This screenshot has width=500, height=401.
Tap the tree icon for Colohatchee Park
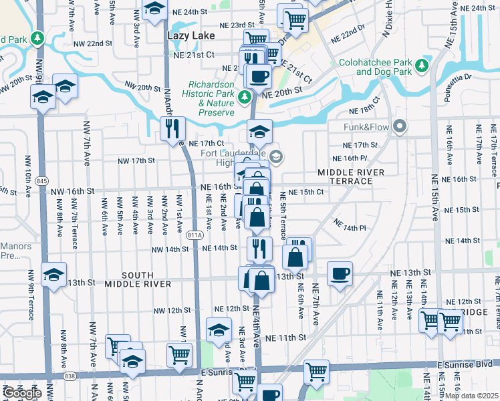tap(422, 65)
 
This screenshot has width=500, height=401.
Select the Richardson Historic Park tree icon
tap(245, 98)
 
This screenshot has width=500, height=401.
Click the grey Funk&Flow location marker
tap(400, 126)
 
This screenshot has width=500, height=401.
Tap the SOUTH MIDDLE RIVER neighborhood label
tap(147, 280)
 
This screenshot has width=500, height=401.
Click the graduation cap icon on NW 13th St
tap(54, 273)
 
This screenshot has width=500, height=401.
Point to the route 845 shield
tap(42, 180)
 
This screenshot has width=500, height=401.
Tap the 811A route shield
tap(195, 235)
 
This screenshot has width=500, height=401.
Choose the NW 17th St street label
tap(136, 161)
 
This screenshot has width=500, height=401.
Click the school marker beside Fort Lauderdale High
tap(277, 157)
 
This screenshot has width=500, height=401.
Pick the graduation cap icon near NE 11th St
tap(219, 329)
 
